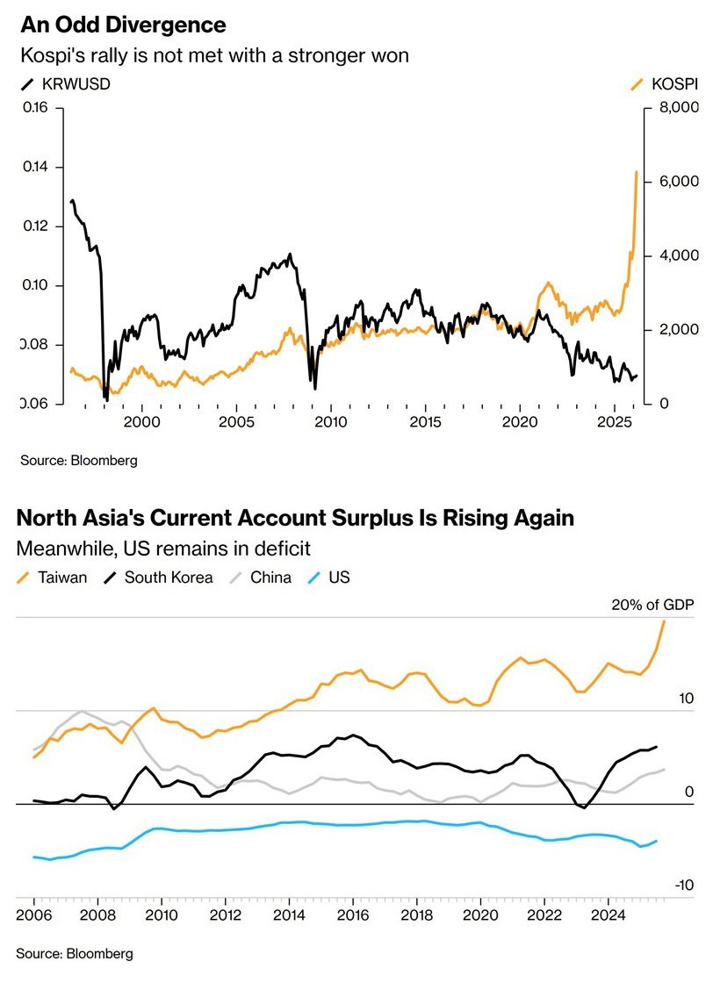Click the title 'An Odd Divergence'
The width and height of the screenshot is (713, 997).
coord(123,24)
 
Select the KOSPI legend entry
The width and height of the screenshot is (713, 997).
coord(666,85)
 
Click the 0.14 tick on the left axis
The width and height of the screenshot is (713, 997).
coord(36,168)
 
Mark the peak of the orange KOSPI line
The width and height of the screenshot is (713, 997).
coord(636,172)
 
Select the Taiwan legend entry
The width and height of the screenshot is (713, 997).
coord(54,577)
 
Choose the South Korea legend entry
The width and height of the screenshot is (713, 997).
coord(159,577)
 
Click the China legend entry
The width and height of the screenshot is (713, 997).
coord(261,577)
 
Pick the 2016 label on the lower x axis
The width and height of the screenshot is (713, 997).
coord(352,914)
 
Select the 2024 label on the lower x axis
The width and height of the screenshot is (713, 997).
coord(608,914)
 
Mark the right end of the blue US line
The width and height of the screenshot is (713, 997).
coord(657,840)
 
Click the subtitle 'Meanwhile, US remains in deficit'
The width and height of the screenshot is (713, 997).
coord(164,549)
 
